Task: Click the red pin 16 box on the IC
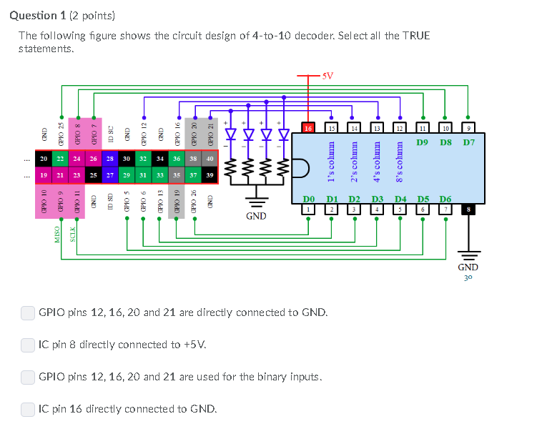tap(308, 128)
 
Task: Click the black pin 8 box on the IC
tap(468, 209)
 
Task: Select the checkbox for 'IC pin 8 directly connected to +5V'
tap(28, 345)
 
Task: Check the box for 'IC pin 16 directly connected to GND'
tap(28, 409)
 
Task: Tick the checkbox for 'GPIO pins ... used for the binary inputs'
tap(28, 377)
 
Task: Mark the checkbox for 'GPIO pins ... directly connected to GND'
tap(28, 312)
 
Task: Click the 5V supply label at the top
tap(327, 75)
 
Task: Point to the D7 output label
tap(468, 142)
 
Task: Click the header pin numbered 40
tap(210, 159)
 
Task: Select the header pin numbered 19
tap(43, 175)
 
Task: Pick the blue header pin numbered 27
tap(110, 175)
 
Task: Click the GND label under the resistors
tap(256, 216)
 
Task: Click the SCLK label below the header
tap(74, 233)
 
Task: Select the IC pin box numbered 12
tap(399, 128)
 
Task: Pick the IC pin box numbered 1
tap(308, 209)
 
